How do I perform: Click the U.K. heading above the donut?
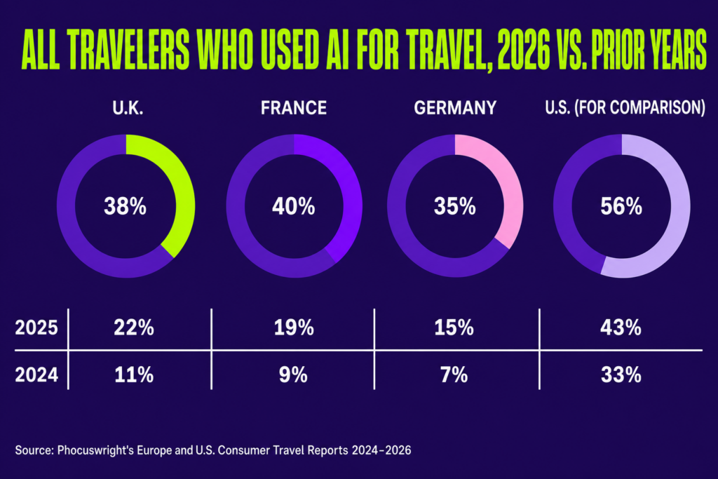point(128,108)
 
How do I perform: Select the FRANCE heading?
point(294,108)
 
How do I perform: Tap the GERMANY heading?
point(455,108)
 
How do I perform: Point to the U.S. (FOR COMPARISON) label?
point(625,107)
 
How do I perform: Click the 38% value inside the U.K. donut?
point(125,206)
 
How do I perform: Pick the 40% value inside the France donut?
point(294,206)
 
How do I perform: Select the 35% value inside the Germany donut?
point(454,206)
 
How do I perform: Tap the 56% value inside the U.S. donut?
point(621,206)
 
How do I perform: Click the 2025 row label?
point(36,328)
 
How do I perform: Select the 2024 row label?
point(36,375)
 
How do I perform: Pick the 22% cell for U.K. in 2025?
point(134,328)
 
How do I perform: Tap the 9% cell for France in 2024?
point(294,375)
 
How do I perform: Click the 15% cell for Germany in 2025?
point(454,328)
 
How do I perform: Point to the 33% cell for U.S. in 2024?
point(621,375)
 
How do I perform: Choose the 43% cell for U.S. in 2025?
point(621,328)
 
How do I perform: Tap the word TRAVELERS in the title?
point(131,50)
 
